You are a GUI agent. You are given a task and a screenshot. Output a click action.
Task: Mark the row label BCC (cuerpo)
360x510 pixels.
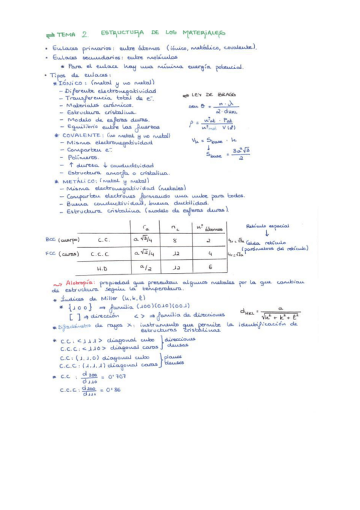pos(63,240)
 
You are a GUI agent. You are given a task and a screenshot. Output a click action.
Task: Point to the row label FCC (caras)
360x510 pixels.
pos(62,254)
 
